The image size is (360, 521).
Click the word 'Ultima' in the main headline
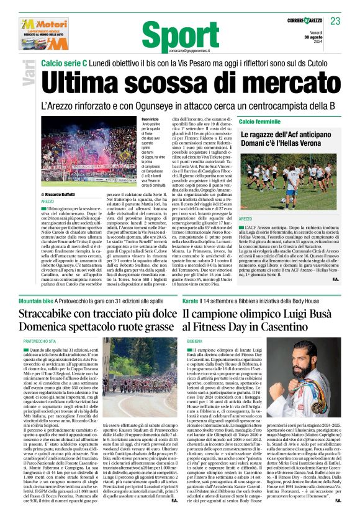pyautogui.click(x=88, y=79)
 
